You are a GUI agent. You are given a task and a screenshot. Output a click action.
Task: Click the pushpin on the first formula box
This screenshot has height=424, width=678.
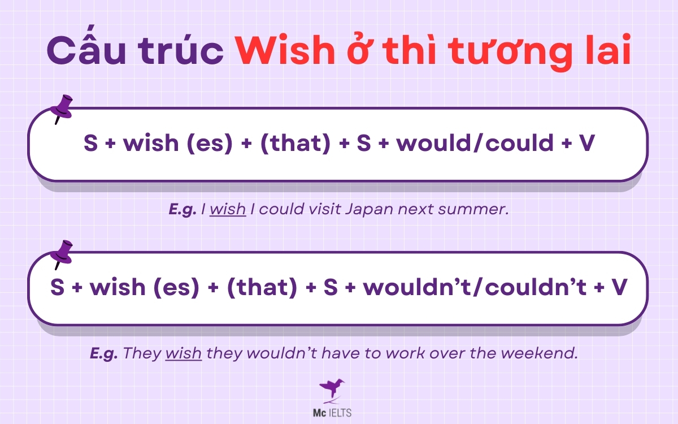coord(62,108)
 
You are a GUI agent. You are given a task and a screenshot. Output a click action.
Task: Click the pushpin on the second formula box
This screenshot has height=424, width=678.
coord(62,253)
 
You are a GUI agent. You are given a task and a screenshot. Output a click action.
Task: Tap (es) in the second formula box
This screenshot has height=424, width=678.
coord(175,288)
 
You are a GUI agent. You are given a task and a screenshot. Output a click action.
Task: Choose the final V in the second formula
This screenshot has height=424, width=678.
coord(619,288)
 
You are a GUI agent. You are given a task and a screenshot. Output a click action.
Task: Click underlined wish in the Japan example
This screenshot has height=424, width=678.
coord(228,209)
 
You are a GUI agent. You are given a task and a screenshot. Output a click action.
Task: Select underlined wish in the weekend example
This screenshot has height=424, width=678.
coord(183,353)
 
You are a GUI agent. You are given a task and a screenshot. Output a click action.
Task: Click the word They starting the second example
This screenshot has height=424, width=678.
coord(141,353)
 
